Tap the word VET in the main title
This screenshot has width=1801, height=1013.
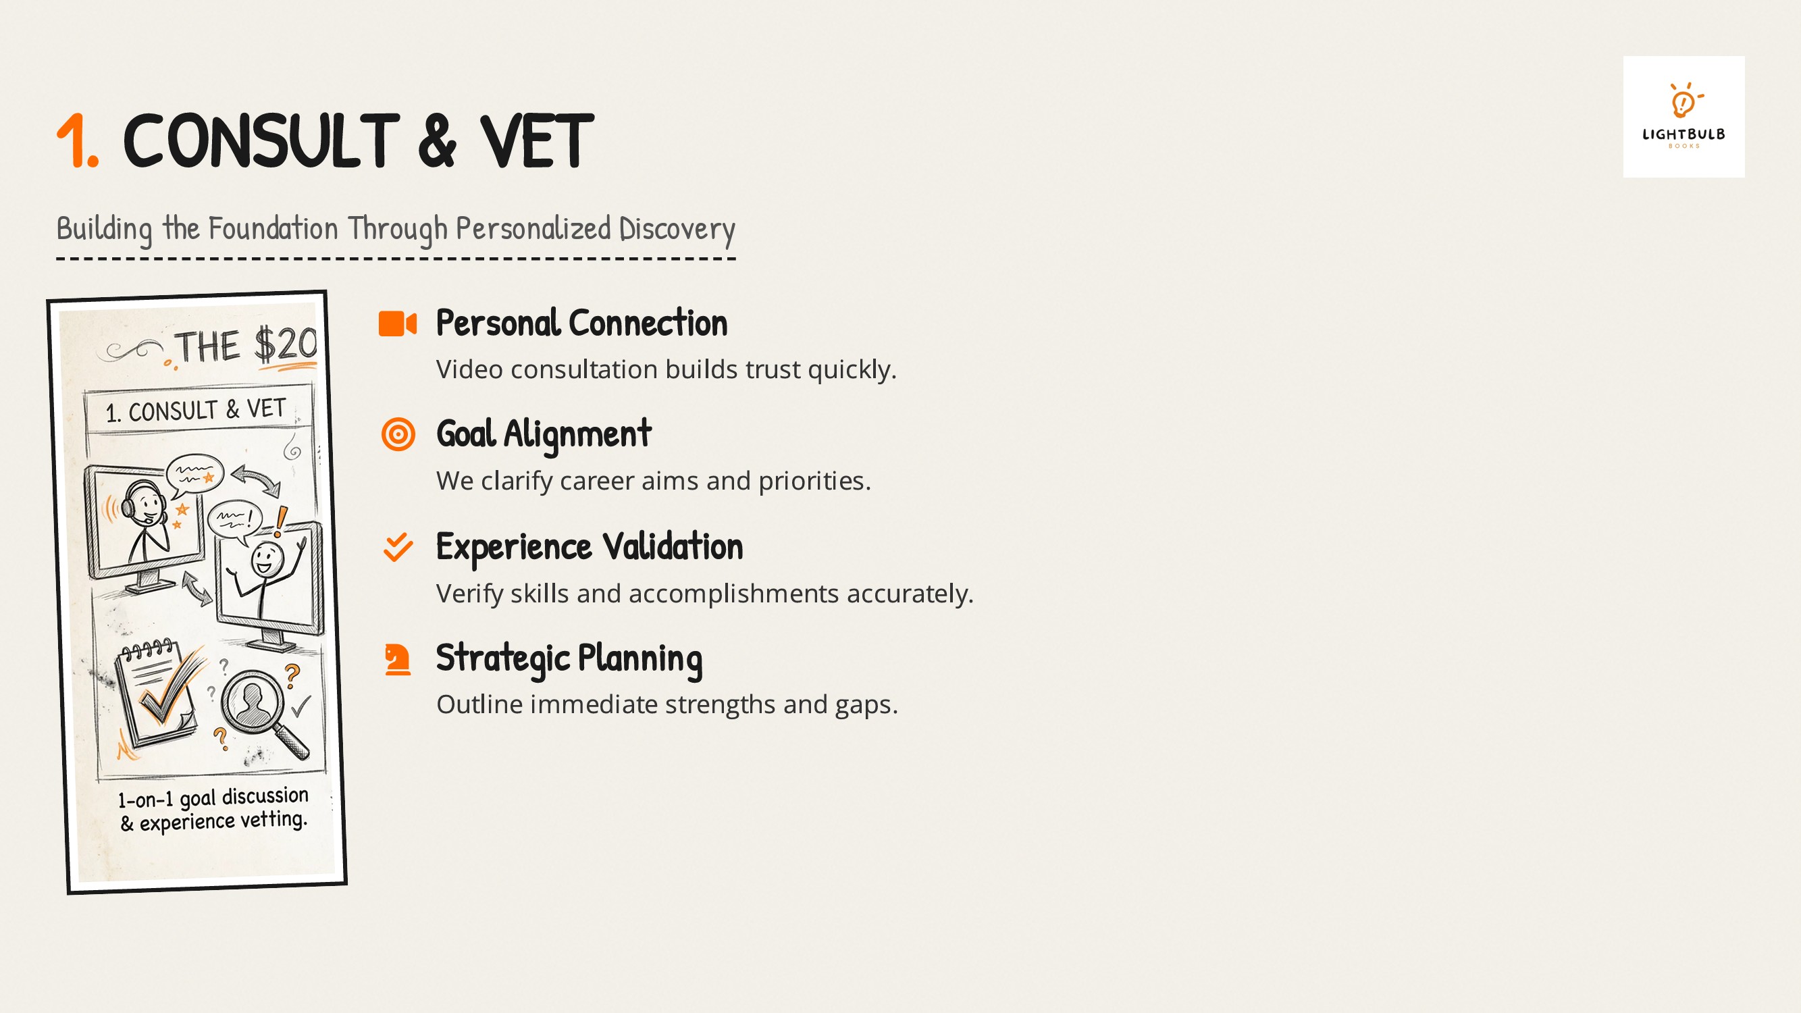click(x=536, y=141)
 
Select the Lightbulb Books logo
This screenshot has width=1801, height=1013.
click(x=1683, y=117)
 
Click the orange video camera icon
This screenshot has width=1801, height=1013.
click(x=397, y=323)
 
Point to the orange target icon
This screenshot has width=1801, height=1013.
click(x=398, y=434)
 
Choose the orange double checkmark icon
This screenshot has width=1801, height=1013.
click(x=398, y=548)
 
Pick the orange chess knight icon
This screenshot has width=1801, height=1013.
click(x=398, y=659)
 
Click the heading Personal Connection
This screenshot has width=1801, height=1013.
click(x=581, y=323)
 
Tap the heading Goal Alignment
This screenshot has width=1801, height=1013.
click(x=544, y=434)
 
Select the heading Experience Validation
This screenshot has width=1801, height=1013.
click(x=590, y=547)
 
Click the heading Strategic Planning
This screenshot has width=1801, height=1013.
click(x=569, y=658)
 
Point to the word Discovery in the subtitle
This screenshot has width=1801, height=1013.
click(x=677, y=230)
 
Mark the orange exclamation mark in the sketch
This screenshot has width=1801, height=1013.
click(x=280, y=521)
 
